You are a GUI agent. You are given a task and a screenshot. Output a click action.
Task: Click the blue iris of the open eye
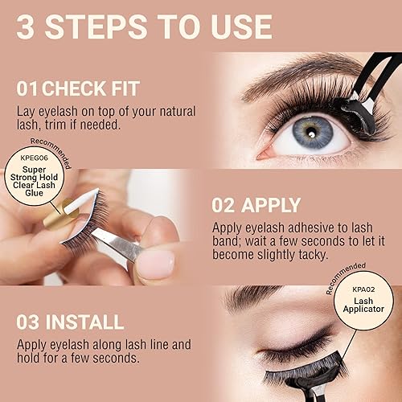click(314, 131)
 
